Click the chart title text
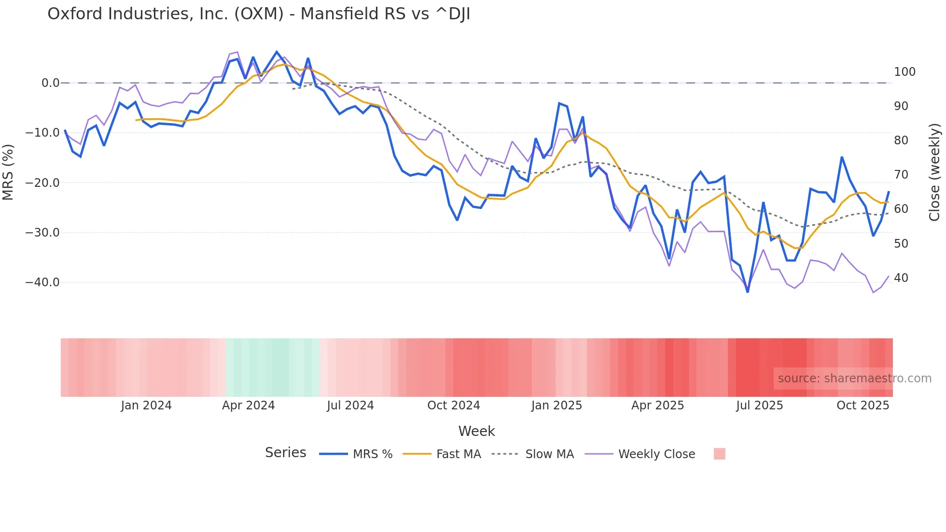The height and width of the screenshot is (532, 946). pos(259,14)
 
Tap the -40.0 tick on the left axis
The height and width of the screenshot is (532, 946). pos(42,282)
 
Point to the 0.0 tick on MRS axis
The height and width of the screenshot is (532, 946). pos(50,83)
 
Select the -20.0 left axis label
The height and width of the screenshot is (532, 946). pos(42,183)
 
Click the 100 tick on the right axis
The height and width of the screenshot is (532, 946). pos(904,72)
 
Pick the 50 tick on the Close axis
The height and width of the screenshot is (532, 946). pos(901,244)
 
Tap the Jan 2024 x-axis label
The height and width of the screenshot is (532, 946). pos(146,406)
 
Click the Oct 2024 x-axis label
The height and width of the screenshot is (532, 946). pos(453,406)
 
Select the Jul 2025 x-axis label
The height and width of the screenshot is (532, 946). pos(759,406)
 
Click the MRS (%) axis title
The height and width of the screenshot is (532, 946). pos(8,172)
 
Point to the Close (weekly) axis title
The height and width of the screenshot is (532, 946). pos(934,172)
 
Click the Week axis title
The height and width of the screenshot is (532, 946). pos(476,431)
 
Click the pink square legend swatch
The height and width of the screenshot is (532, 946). pos(719,454)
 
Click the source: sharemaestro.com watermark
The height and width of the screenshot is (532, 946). pos(854,378)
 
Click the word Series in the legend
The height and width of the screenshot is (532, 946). pos(285,453)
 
